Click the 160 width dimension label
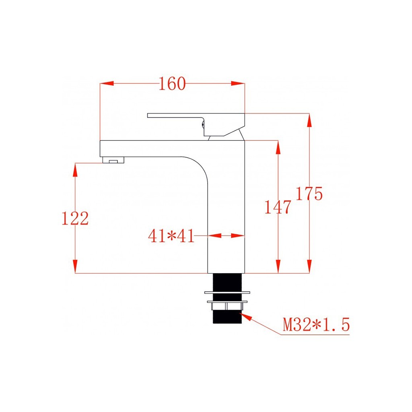coord(172,84)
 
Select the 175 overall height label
coord(309,194)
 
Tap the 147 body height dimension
coord(278,207)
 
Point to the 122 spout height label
coord(75,218)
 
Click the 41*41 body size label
coord(171,235)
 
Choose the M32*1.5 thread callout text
coord(316,325)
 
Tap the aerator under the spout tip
coord(113,160)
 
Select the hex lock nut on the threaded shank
coord(227,306)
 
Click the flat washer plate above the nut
coord(227,292)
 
